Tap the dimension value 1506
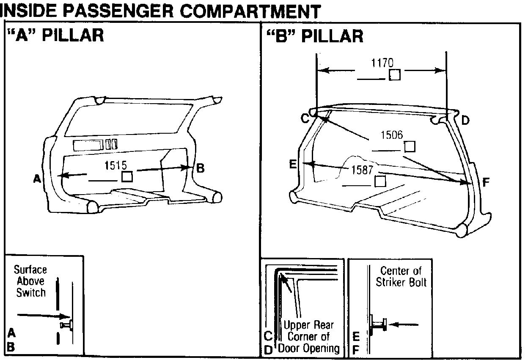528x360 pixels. (x=392, y=135)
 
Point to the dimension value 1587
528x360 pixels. (x=363, y=170)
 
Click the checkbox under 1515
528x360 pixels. (x=127, y=176)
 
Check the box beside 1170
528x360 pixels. (x=394, y=75)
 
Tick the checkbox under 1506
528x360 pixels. (x=410, y=147)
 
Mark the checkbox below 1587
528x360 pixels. (x=380, y=181)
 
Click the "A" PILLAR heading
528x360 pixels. (x=55, y=36)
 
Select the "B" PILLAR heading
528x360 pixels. (x=315, y=36)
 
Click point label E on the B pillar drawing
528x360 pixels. (x=292, y=164)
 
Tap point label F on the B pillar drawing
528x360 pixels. (x=486, y=183)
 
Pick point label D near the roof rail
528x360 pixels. (x=465, y=121)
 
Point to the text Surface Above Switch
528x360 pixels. (x=30, y=281)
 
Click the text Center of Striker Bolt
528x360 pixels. (x=401, y=276)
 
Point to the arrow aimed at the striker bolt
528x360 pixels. (x=404, y=325)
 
